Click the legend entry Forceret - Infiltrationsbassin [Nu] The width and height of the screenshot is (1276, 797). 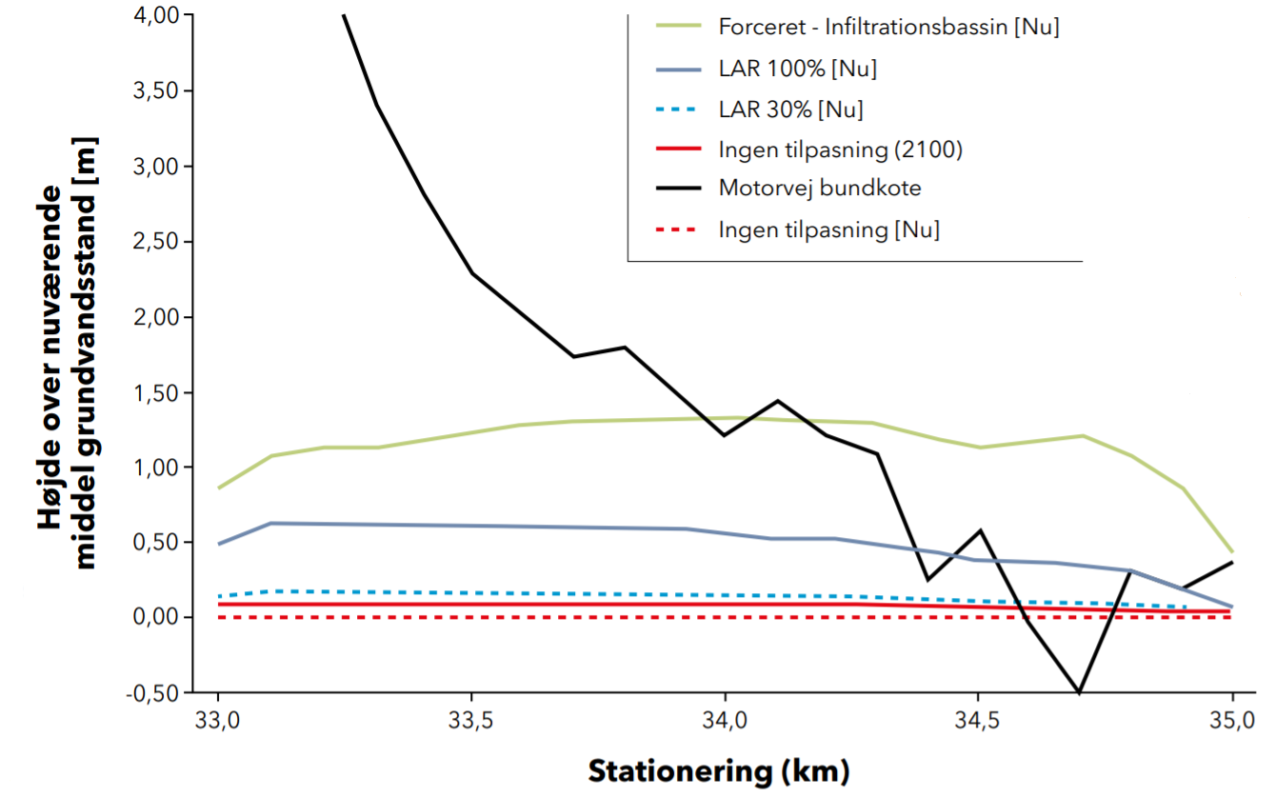[x=888, y=27]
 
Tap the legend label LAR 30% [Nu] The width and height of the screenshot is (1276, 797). [x=791, y=110]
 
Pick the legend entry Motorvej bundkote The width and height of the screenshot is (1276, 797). [x=820, y=189]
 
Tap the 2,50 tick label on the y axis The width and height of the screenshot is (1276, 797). [x=154, y=241]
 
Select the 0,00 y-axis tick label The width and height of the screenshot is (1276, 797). [x=154, y=617]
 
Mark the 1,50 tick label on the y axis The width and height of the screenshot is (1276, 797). [x=154, y=391]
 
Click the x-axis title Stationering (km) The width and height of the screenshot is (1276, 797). [x=718, y=769]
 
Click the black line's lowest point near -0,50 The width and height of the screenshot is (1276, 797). [x=1079, y=692]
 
